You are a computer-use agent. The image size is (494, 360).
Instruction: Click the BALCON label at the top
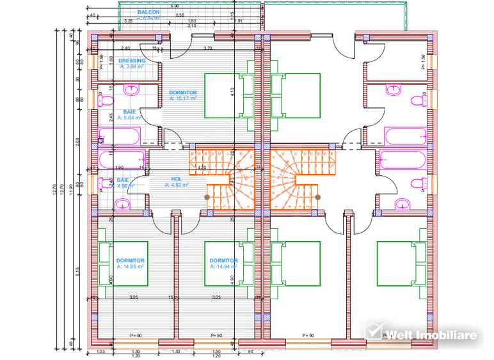(149, 12)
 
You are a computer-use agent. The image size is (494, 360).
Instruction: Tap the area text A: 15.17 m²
(183, 99)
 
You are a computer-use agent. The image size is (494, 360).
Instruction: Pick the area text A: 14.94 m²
(224, 267)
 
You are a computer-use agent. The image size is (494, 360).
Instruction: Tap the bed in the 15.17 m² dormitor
(228, 96)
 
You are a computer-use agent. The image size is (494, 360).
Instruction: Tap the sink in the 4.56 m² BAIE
(121, 205)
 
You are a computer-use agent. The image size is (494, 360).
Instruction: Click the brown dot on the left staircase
(207, 197)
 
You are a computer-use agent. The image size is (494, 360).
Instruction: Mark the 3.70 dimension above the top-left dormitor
(207, 48)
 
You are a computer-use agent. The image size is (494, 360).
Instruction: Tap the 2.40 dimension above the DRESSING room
(125, 48)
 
